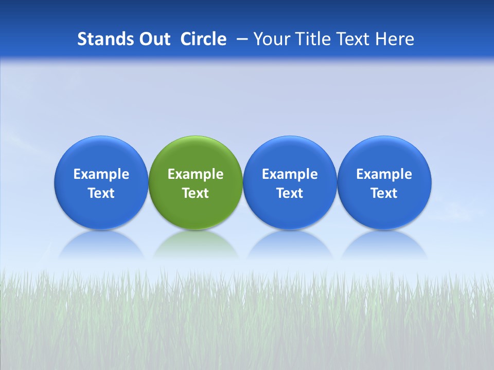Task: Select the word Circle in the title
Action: [x=203, y=39]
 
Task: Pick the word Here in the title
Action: [x=395, y=39]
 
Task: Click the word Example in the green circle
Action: [x=196, y=174]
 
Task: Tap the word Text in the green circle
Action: [x=196, y=193]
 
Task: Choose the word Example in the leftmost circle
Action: [x=101, y=174]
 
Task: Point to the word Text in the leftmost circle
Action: [x=101, y=193]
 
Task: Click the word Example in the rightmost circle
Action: [x=384, y=174]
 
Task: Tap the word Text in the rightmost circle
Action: [x=384, y=193]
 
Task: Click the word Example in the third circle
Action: [x=290, y=174]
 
